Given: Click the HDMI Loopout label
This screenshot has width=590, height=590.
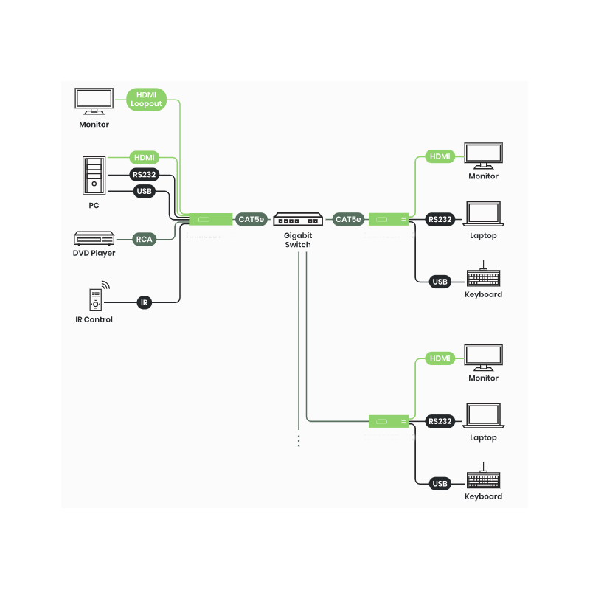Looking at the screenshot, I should tap(146, 100).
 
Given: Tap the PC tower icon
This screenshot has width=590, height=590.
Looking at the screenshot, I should tap(94, 176).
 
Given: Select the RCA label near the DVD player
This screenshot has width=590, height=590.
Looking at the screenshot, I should tap(144, 239).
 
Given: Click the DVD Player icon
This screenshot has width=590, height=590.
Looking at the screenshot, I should tap(94, 239).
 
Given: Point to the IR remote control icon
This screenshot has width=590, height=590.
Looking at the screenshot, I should tap(95, 299).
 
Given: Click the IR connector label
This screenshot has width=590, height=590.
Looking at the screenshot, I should tap(144, 302).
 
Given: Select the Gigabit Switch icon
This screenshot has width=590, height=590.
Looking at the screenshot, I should tap(299, 220).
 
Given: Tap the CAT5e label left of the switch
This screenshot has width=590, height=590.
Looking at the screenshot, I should tap(251, 219).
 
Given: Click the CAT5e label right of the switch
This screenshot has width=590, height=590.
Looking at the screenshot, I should tap(348, 219).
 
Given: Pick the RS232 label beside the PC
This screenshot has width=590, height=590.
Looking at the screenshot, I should tap(144, 175).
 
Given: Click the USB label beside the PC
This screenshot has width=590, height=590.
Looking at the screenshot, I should tap(144, 192).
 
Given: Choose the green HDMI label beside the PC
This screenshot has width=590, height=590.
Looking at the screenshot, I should tap(144, 157).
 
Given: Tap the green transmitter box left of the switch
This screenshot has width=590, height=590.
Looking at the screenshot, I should tap(211, 219).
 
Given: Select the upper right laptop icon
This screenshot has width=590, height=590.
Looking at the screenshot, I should tap(483, 214).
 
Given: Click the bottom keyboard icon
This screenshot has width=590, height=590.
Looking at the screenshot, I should tap(483, 479).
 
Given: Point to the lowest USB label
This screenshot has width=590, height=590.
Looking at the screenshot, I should tap(440, 484).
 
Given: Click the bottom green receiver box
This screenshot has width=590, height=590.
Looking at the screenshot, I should tap(389, 421).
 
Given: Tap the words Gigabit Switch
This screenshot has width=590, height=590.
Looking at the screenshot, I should tap(299, 240).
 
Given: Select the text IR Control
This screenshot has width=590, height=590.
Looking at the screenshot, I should tap(94, 320).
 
